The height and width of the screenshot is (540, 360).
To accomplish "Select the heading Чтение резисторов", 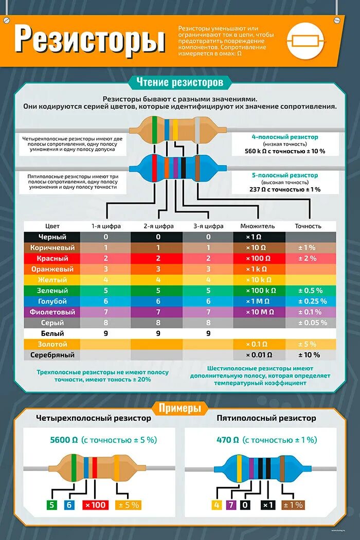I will pos(179,82).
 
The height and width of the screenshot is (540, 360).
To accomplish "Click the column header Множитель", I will pos(258,226).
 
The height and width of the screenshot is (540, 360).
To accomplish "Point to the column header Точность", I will pos(308,226).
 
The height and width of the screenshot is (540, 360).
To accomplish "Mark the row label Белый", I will pos(52,333).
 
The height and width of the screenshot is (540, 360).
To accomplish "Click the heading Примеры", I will pos(179,409).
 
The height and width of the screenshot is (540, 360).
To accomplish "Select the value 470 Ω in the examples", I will pos(228,440).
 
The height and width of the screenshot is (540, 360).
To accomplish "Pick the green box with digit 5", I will pos(51,505).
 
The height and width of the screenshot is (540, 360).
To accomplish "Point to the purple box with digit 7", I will pos(231,505).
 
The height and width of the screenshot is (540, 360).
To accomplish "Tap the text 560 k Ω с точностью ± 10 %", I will pos(285,151).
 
